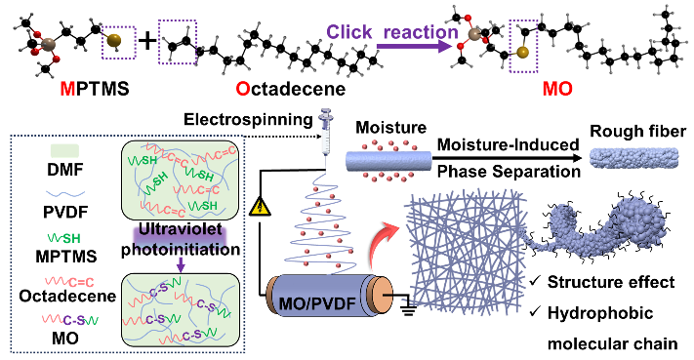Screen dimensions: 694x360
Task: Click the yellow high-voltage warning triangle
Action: (x=261, y=207)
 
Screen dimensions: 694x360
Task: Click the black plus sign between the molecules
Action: (x=147, y=41)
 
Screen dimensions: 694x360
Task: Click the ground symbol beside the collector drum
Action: (x=408, y=311)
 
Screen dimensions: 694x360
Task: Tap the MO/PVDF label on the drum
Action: (x=318, y=303)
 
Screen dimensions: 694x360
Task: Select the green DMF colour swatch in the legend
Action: (x=65, y=151)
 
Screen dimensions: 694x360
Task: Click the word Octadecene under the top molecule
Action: (x=290, y=89)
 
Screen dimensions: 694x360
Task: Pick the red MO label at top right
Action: (x=557, y=89)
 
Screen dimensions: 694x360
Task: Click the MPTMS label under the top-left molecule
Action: (x=95, y=89)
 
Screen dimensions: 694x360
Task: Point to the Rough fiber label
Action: (x=637, y=131)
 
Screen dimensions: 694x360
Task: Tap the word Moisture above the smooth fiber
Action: (x=391, y=128)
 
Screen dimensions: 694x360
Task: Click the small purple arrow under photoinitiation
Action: (x=181, y=264)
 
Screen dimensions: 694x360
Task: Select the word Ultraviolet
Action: (x=181, y=229)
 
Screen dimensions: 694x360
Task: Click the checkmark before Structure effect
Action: (x=535, y=281)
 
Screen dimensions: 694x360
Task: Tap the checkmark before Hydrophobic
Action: (x=535, y=312)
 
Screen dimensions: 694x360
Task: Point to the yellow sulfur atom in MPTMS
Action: (x=114, y=41)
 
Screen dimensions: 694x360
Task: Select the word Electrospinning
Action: (x=248, y=119)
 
